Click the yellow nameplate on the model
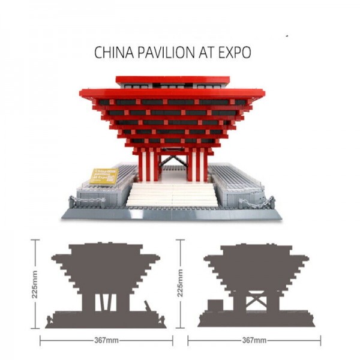pos(104,176)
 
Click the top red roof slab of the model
pos(173,80)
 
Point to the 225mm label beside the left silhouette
pos(34,282)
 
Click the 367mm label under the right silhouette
pos(254,340)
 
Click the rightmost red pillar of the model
pos(205,165)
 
